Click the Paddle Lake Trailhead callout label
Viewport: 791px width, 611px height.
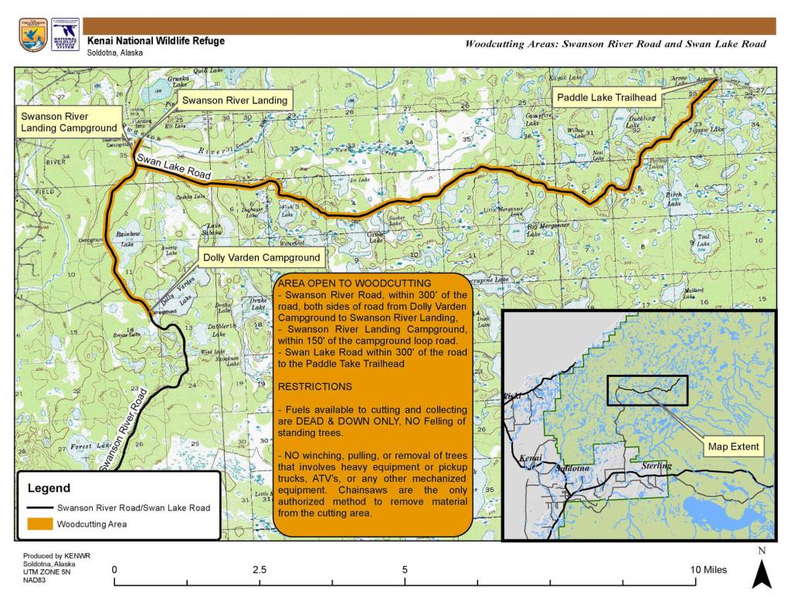tap(606, 98)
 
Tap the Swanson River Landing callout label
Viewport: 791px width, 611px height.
tap(234, 100)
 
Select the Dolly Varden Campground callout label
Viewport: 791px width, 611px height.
tap(260, 256)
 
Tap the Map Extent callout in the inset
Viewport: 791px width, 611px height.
tap(733, 446)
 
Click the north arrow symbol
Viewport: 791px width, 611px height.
tap(762, 574)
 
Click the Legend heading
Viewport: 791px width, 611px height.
tap(49, 488)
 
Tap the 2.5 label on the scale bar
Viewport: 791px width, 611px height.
tap(260, 570)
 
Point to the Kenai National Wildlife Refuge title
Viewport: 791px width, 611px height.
tap(156, 40)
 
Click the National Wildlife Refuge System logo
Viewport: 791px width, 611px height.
tap(65, 36)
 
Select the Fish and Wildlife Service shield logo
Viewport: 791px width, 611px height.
tap(33, 36)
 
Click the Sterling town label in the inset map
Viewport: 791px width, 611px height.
tap(657, 466)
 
